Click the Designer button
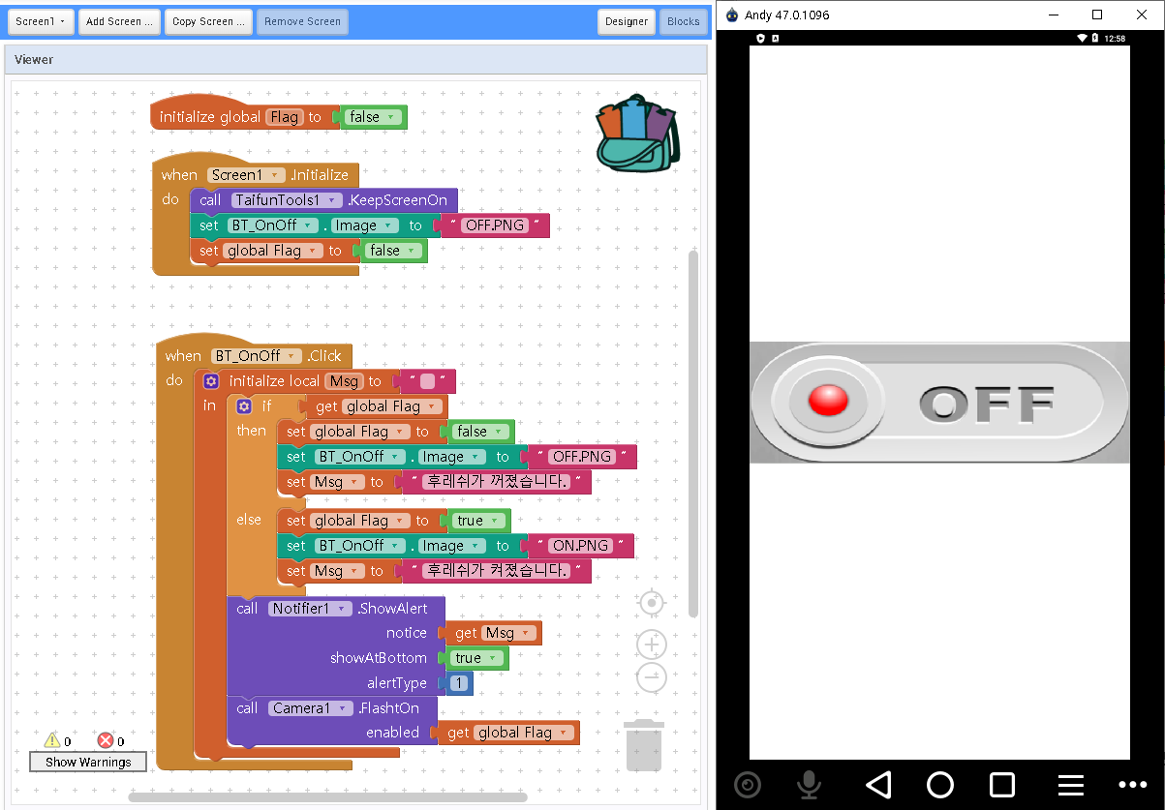pyautogui.click(x=627, y=21)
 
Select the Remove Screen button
pyautogui.click(x=302, y=21)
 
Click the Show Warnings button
pyautogui.click(x=88, y=763)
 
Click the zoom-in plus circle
pyautogui.click(x=652, y=645)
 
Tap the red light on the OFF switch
pyautogui.click(x=828, y=401)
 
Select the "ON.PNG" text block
pyautogui.click(x=580, y=546)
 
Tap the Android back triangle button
pyautogui.click(x=877, y=784)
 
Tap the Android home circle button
pyautogui.click(x=939, y=784)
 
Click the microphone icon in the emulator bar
pyautogui.click(x=809, y=784)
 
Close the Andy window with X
pyautogui.click(x=1140, y=15)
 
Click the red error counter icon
pyautogui.click(x=106, y=741)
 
